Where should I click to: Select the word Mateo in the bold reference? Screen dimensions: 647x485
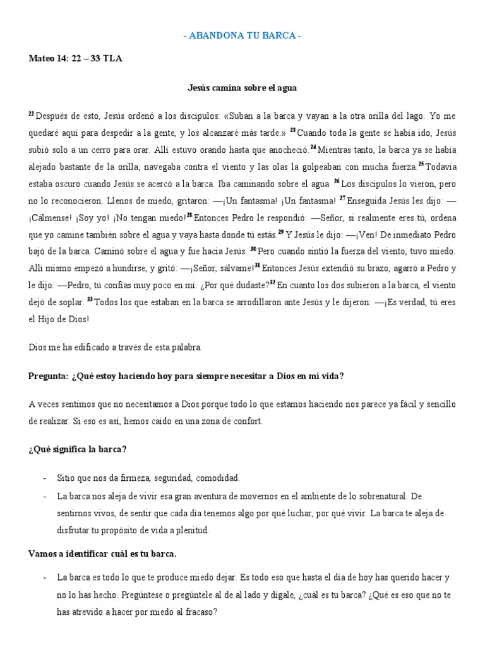point(42,59)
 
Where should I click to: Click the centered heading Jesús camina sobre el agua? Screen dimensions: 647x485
point(242,88)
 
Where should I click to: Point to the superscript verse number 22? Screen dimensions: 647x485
point(32,114)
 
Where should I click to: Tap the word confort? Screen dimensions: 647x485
point(232,421)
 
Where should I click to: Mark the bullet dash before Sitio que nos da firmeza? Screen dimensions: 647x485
point(45,478)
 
